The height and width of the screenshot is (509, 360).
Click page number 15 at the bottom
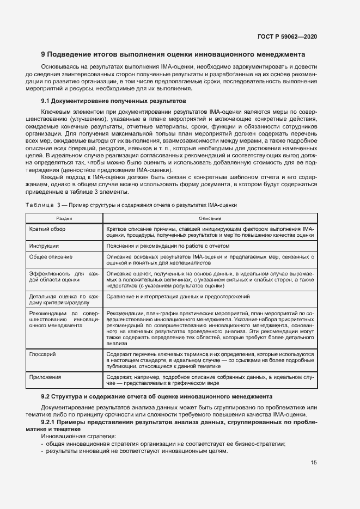point(314,463)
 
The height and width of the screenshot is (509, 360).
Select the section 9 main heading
point(173,54)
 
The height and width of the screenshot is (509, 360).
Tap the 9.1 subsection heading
point(114,101)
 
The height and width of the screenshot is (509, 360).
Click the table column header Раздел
point(64,217)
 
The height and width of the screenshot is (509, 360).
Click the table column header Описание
point(210,217)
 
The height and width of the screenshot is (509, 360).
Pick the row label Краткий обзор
point(48,229)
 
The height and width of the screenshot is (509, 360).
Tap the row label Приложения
point(46,377)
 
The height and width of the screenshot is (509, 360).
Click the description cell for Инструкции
point(176,246)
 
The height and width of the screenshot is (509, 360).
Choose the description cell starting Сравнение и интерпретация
point(178,297)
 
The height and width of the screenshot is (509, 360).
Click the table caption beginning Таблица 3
point(131,204)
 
